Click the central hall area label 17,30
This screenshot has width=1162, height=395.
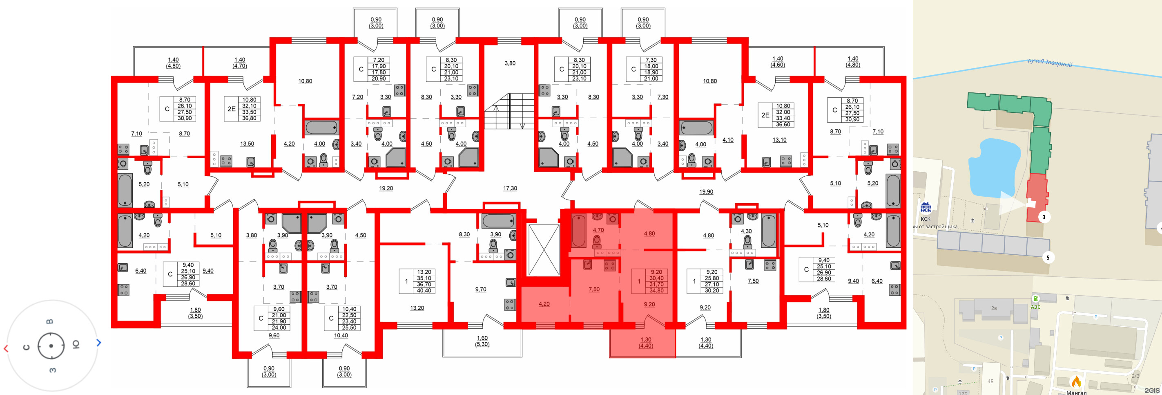pos(510,188)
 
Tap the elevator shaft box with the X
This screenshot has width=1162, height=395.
pos(544,250)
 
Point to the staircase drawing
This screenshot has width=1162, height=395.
pos(509,111)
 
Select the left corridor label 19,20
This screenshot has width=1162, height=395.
pos(386,188)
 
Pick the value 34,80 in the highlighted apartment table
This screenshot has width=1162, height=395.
pos(656,291)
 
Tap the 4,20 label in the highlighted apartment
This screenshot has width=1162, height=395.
pos(544,304)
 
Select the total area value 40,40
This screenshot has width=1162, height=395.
pos(424,291)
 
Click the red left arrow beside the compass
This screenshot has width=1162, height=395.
pos(6,348)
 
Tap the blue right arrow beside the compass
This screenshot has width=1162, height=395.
pos(99,343)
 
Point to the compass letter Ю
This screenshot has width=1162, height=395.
pos(76,345)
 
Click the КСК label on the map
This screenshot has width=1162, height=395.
pos(925,219)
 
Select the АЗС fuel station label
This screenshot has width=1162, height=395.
pos(1035,307)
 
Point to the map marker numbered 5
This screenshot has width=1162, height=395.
pos(1048,258)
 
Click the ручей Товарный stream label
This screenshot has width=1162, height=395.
pos(1050,63)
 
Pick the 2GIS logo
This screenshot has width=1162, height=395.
pos(1152,391)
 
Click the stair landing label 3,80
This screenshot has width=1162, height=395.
pos(510,64)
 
